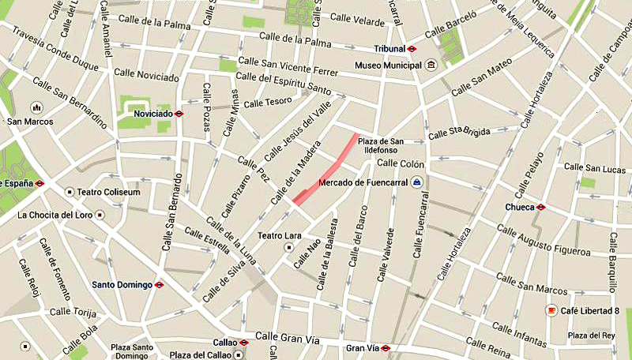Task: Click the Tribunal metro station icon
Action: tap(412, 48)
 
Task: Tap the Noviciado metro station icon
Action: tap(180, 114)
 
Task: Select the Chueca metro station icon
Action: tap(540, 208)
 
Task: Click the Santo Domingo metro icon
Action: tap(159, 284)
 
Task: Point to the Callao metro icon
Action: tap(244, 343)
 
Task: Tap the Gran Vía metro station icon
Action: tap(385, 347)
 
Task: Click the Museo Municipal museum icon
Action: tap(431, 65)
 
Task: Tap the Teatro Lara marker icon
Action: tap(290, 247)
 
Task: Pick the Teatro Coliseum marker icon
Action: tap(70, 192)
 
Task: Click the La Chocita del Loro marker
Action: tap(100, 214)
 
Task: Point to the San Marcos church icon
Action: tap(35, 107)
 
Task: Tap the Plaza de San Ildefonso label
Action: tap(381, 146)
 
